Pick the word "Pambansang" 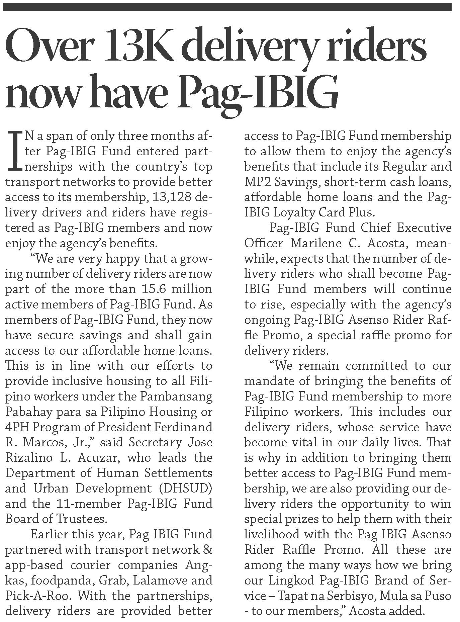click(176, 396)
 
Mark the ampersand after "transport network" click(208, 549)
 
